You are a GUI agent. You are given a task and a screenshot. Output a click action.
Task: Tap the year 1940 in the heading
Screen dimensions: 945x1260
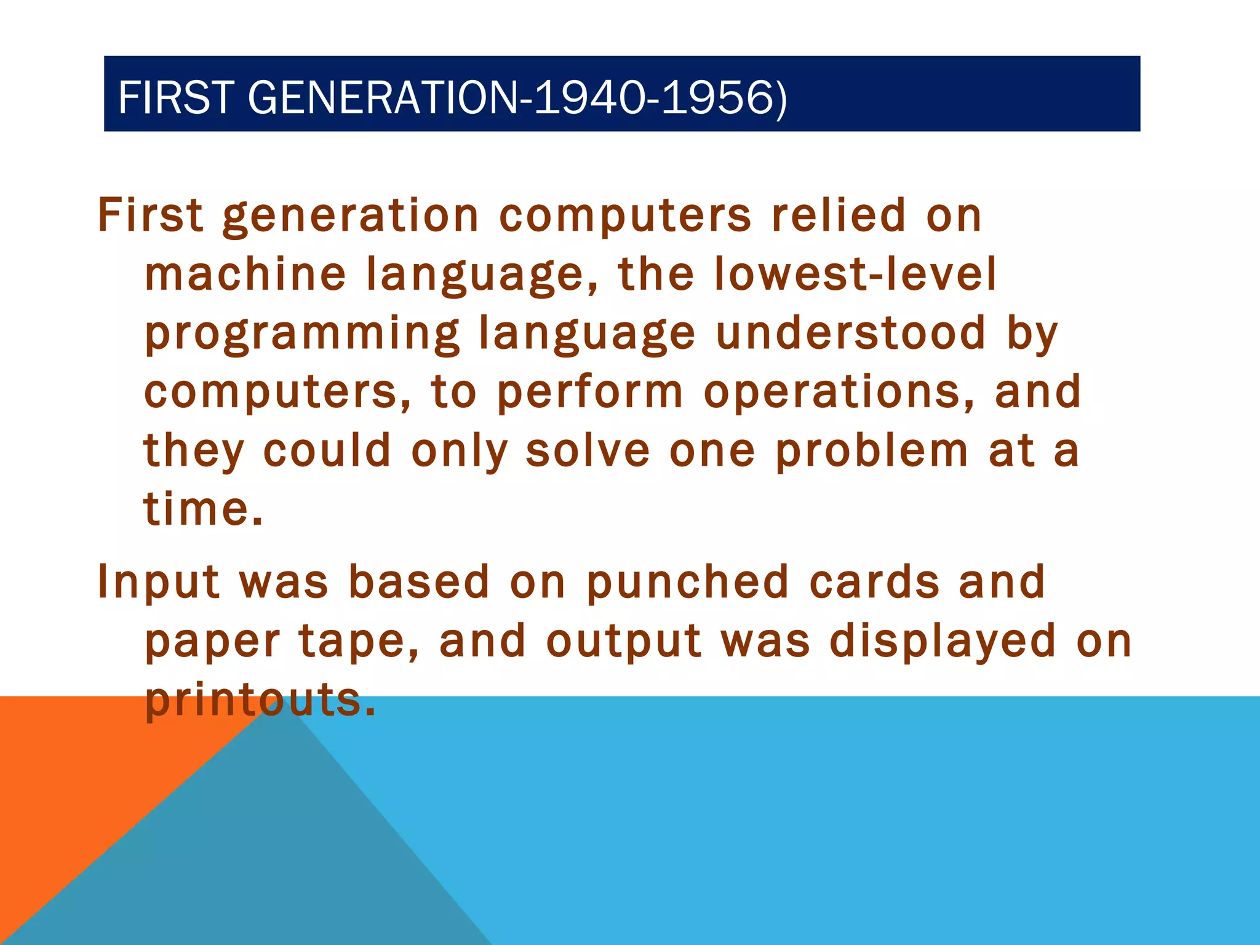click(x=590, y=98)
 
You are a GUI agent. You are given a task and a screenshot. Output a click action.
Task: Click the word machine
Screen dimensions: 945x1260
click(x=245, y=274)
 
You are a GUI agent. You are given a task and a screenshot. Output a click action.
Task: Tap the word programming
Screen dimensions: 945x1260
click(x=302, y=334)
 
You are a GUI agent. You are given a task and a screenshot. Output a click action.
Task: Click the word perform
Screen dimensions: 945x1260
click(x=590, y=393)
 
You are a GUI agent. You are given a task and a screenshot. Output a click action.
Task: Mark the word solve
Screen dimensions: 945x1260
click(x=588, y=451)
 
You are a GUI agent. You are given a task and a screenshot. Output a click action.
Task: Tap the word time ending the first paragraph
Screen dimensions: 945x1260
click(x=196, y=509)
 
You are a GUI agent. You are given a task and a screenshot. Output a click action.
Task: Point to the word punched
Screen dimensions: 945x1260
click(x=687, y=582)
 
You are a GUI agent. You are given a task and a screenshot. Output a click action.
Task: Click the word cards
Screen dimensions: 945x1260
click(x=875, y=582)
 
